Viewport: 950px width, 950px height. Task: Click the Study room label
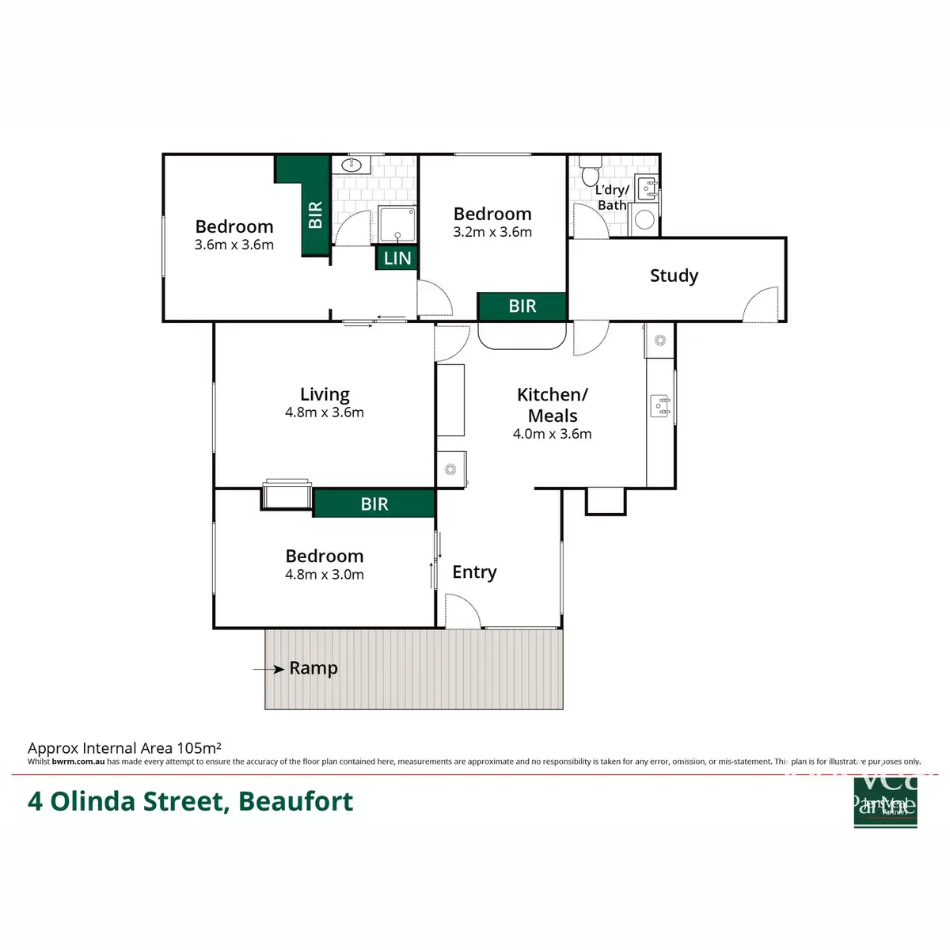tap(674, 275)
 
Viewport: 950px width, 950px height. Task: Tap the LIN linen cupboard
tap(397, 258)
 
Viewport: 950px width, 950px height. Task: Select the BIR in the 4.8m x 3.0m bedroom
tap(374, 503)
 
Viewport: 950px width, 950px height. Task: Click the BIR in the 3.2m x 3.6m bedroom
tap(522, 306)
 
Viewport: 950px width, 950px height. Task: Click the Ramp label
tap(313, 668)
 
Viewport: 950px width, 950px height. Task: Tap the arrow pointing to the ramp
tap(269, 670)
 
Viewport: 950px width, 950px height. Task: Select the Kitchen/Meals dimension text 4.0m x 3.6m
tap(553, 434)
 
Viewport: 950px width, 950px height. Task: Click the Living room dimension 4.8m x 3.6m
tap(325, 412)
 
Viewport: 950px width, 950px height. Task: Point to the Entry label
tap(474, 572)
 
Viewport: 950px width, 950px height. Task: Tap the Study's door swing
tap(762, 305)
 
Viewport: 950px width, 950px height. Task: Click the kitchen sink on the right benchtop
tap(660, 406)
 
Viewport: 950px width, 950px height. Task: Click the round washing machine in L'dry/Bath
tap(645, 219)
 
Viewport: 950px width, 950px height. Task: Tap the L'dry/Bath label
tap(612, 197)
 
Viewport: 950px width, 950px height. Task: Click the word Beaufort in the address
tap(296, 801)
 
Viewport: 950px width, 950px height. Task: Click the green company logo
tap(885, 801)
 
